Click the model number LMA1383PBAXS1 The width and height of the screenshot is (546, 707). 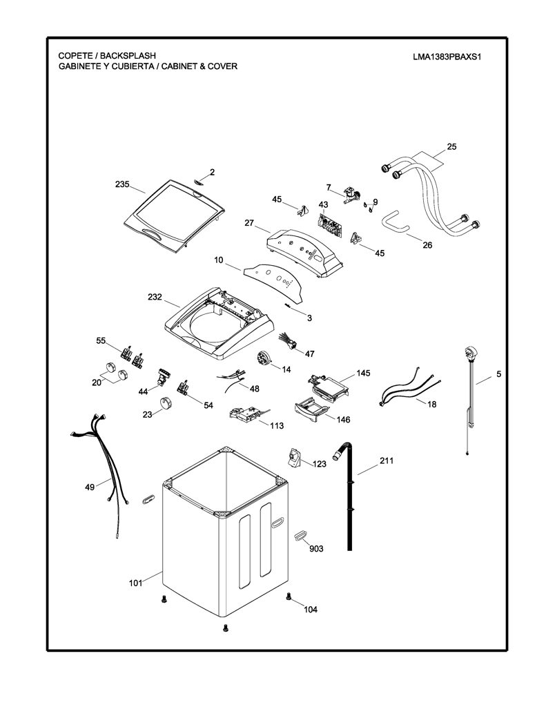click(447, 57)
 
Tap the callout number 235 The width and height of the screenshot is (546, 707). click(121, 184)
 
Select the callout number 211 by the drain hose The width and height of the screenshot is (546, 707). click(387, 461)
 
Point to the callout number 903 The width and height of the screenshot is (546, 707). click(316, 548)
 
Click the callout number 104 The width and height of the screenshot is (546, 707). click(310, 610)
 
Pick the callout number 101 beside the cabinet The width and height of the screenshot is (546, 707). click(136, 583)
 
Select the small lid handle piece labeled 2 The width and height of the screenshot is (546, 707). click(199, 182)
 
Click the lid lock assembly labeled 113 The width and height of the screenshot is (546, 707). click(246, 414)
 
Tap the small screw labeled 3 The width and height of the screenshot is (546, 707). click(288, 306)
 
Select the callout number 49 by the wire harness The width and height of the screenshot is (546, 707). click(90, 487)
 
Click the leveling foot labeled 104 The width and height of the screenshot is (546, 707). click(289, 597)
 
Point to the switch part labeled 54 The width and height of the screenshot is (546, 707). click(184, 387)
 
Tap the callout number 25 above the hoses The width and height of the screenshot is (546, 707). click(451, 146)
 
